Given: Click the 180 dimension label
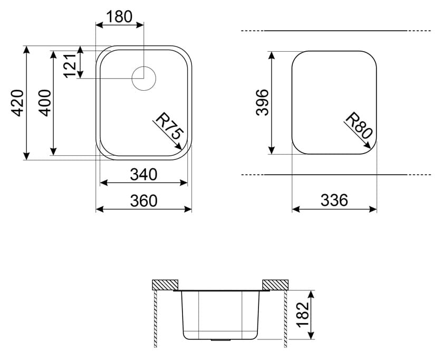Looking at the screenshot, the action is pos(119,17).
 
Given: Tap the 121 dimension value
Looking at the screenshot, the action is pos(70,65).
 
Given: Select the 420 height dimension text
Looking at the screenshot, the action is pos(17,103).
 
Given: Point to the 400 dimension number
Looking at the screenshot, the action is pos(44,103).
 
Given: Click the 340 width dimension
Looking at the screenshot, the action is pos(143,174).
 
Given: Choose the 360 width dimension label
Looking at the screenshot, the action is pos(143,201).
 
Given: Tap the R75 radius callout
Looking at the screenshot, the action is pos(169,126).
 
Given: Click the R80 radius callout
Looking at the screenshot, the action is pos(359,126).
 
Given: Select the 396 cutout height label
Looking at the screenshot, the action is pos(262,102).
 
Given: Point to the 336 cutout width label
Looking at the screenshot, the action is pos(334,200).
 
